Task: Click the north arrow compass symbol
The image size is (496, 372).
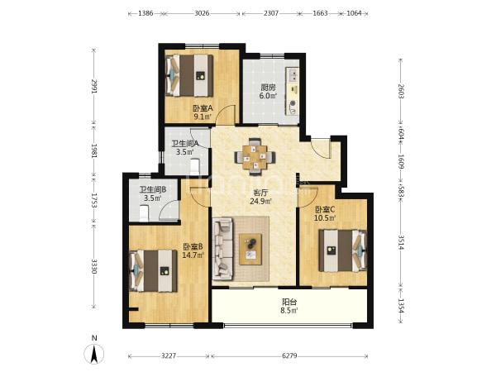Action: pos(94,354)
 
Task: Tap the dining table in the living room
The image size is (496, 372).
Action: pos(255,156)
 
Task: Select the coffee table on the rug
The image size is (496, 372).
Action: pos(250,249)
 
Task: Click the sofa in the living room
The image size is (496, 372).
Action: pos(222,250)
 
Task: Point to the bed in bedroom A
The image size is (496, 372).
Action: pos(188,75)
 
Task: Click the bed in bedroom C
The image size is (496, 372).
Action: pos(343,250)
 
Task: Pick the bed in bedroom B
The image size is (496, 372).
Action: pos(154,270)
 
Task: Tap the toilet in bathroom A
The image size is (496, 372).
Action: pos(195,166)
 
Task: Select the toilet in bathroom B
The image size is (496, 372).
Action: pos(144,213)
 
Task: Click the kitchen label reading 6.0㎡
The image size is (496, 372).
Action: pos(268,96)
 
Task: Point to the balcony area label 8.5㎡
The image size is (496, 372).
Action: pos(289,310)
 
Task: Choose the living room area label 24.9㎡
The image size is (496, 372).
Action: pos(261,201)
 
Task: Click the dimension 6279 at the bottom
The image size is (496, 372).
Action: pos(289,355)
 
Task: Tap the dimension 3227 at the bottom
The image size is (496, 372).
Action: pos(169,355)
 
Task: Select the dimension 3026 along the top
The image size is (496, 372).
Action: pos(202,13)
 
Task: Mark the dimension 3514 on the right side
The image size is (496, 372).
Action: pos(401,242)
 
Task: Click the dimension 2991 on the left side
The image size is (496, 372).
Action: pos(94,86)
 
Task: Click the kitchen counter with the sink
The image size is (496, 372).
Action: pos(293,91)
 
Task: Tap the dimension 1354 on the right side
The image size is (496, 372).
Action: pos(401,306)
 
